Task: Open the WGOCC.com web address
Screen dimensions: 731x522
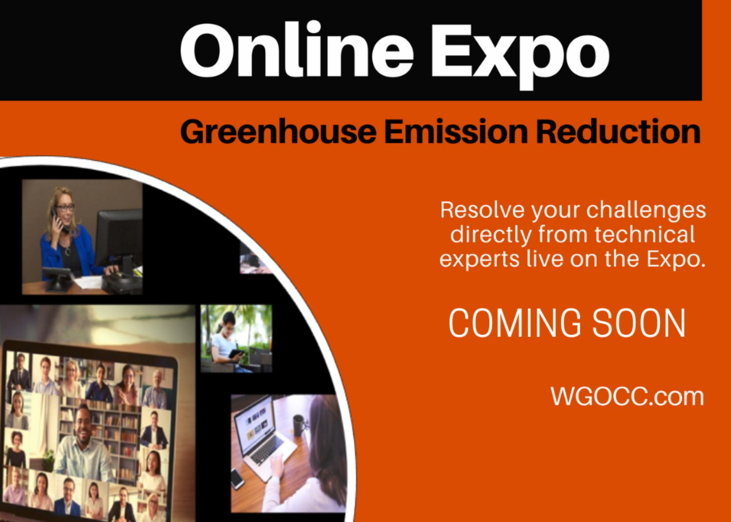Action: tap(627, 396)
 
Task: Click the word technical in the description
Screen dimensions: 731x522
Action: tap(645, 234)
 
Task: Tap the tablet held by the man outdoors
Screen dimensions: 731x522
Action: tap(237, 353)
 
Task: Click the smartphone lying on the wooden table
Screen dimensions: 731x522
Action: tap(238, 478)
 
